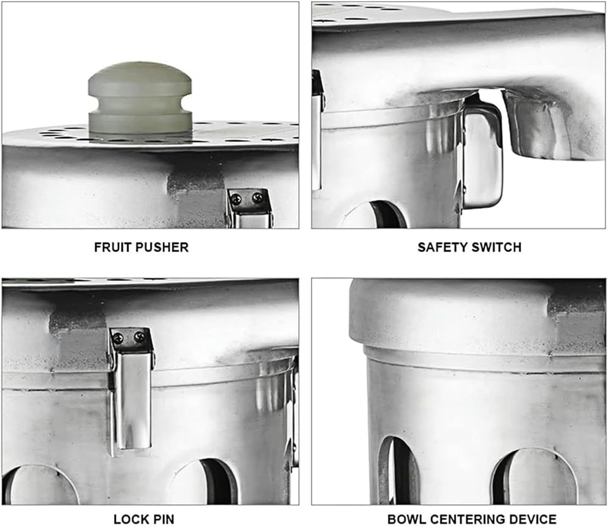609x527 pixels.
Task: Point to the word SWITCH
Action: coord(497,247)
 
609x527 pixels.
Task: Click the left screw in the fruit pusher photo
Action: coord(236,199)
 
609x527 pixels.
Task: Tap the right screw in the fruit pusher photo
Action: coord(257,198)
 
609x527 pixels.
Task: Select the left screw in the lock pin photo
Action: coord(118,337)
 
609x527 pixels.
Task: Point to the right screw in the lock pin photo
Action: coord(139,336)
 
